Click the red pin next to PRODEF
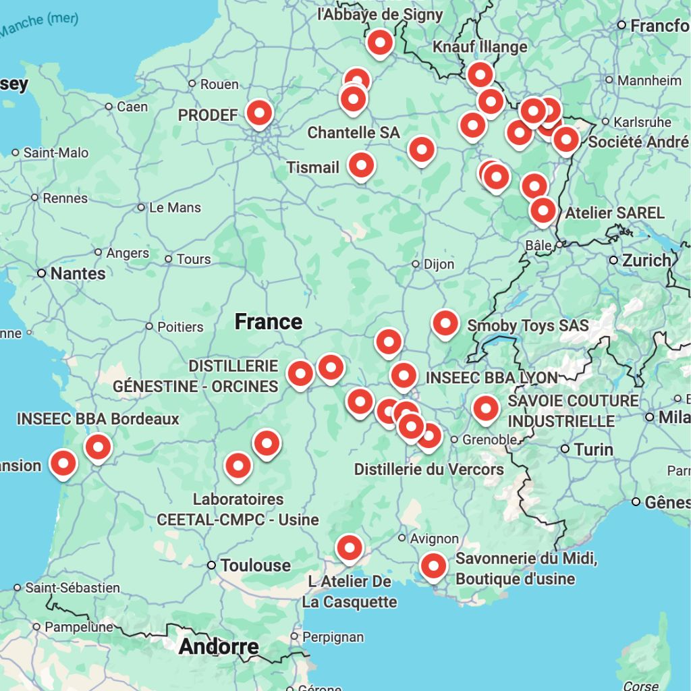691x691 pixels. pyautogui.click(x=259, y=113)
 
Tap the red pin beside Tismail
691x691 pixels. pyautogui.click(x=361, y=165)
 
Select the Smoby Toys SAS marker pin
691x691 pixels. pyautogui.click(x=445, y=323)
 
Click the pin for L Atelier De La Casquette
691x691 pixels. pyautogui.click(x=349, y=548)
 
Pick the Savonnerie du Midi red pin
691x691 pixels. pyautogui.click(x=433, y=566)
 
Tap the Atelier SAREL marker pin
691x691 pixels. pyautogui.click(x=543, y=211)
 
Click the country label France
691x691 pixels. pyautogui.click(x=268, y=321)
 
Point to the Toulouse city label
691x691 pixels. pyautogui.click(x=256, y=565)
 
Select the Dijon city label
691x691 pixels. pyautogui.click(x=439, y=264)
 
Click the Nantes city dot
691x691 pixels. pyautogui.click(x=41, y=273)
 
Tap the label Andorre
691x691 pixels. pyautogui.click(x=219, y=646)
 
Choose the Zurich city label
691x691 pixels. pyautogui.click(x=646, y=260)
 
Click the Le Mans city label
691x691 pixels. pyautogui.click(x=175, y=207)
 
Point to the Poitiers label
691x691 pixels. pyautogui.click(x=180, y=327)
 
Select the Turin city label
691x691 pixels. pyautogui.click(x=594, y=449)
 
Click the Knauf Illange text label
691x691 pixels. pyautogui.click(x=480, y=47)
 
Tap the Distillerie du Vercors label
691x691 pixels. pyautogui.click(x=429, y=469)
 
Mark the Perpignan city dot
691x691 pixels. pyautogui.click(x=294, y=636)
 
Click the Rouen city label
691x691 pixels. pyautogui.click(x=219, y=84)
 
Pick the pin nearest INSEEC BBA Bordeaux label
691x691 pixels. pyautogui.click(x=98, y=447)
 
